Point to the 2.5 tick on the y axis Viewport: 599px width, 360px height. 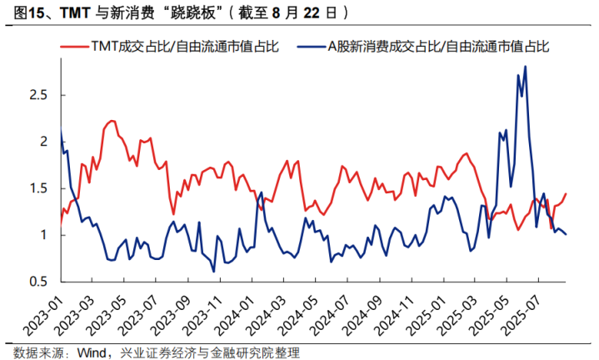[37, 95]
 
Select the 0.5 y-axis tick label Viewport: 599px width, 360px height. [37, 282]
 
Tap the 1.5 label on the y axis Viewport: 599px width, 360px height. [37, 188]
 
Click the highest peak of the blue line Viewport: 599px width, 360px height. [525, 67]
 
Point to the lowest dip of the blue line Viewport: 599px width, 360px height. [214, 271]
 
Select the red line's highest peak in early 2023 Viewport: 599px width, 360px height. [111, 120]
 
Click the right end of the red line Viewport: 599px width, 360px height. [566, 194]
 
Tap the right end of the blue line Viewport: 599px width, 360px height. [567, 234]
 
